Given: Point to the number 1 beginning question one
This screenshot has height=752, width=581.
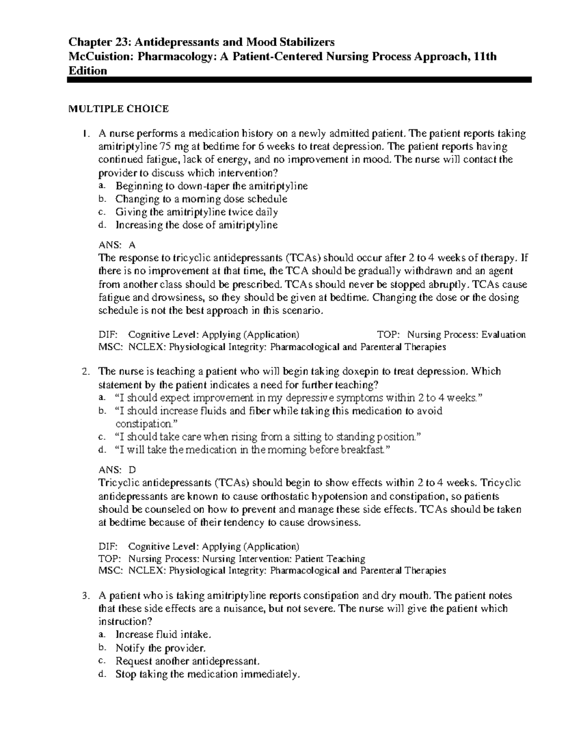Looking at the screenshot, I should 85,134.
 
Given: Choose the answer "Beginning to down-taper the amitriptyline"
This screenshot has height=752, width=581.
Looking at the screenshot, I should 212,186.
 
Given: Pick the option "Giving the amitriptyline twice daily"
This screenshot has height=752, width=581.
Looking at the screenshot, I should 196,212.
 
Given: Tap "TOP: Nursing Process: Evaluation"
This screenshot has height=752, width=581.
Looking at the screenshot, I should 451,335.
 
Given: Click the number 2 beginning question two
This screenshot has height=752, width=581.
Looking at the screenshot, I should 85,372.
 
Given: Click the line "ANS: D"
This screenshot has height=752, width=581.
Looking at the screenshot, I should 117,470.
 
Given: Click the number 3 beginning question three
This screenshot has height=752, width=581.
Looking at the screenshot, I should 85,596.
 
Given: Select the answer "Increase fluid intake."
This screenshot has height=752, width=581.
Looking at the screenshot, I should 163,635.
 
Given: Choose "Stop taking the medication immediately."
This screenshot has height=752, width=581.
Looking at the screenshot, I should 208,674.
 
